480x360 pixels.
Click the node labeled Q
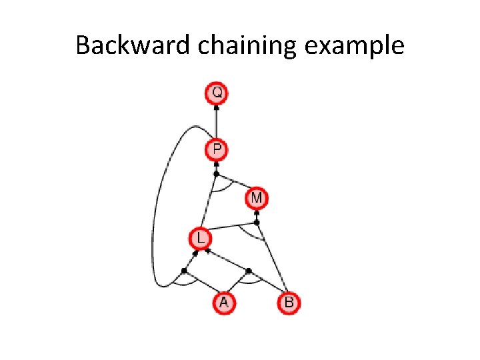217,93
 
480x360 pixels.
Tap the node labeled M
257,198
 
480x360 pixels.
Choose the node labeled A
224,303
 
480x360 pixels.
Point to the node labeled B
289,303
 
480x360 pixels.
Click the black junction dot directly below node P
216,173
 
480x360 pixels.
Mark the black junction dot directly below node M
257,222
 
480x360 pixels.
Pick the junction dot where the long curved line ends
184,270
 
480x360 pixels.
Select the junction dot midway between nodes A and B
248,271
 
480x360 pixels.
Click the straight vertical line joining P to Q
217,121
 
